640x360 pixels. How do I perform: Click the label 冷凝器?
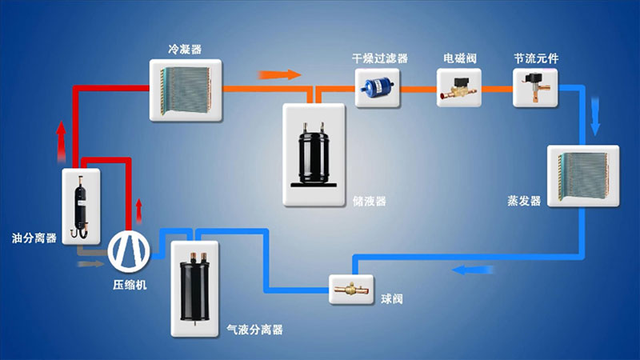pos(185,50)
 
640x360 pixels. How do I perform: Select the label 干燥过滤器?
pos(380,59)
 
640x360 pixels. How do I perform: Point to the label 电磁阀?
pos(459,59)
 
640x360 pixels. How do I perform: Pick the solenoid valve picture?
pos(459,89)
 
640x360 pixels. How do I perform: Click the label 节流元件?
pos(536,59)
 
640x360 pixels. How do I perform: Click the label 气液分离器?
pos(254,330)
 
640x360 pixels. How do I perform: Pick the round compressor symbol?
pos(130,250)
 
